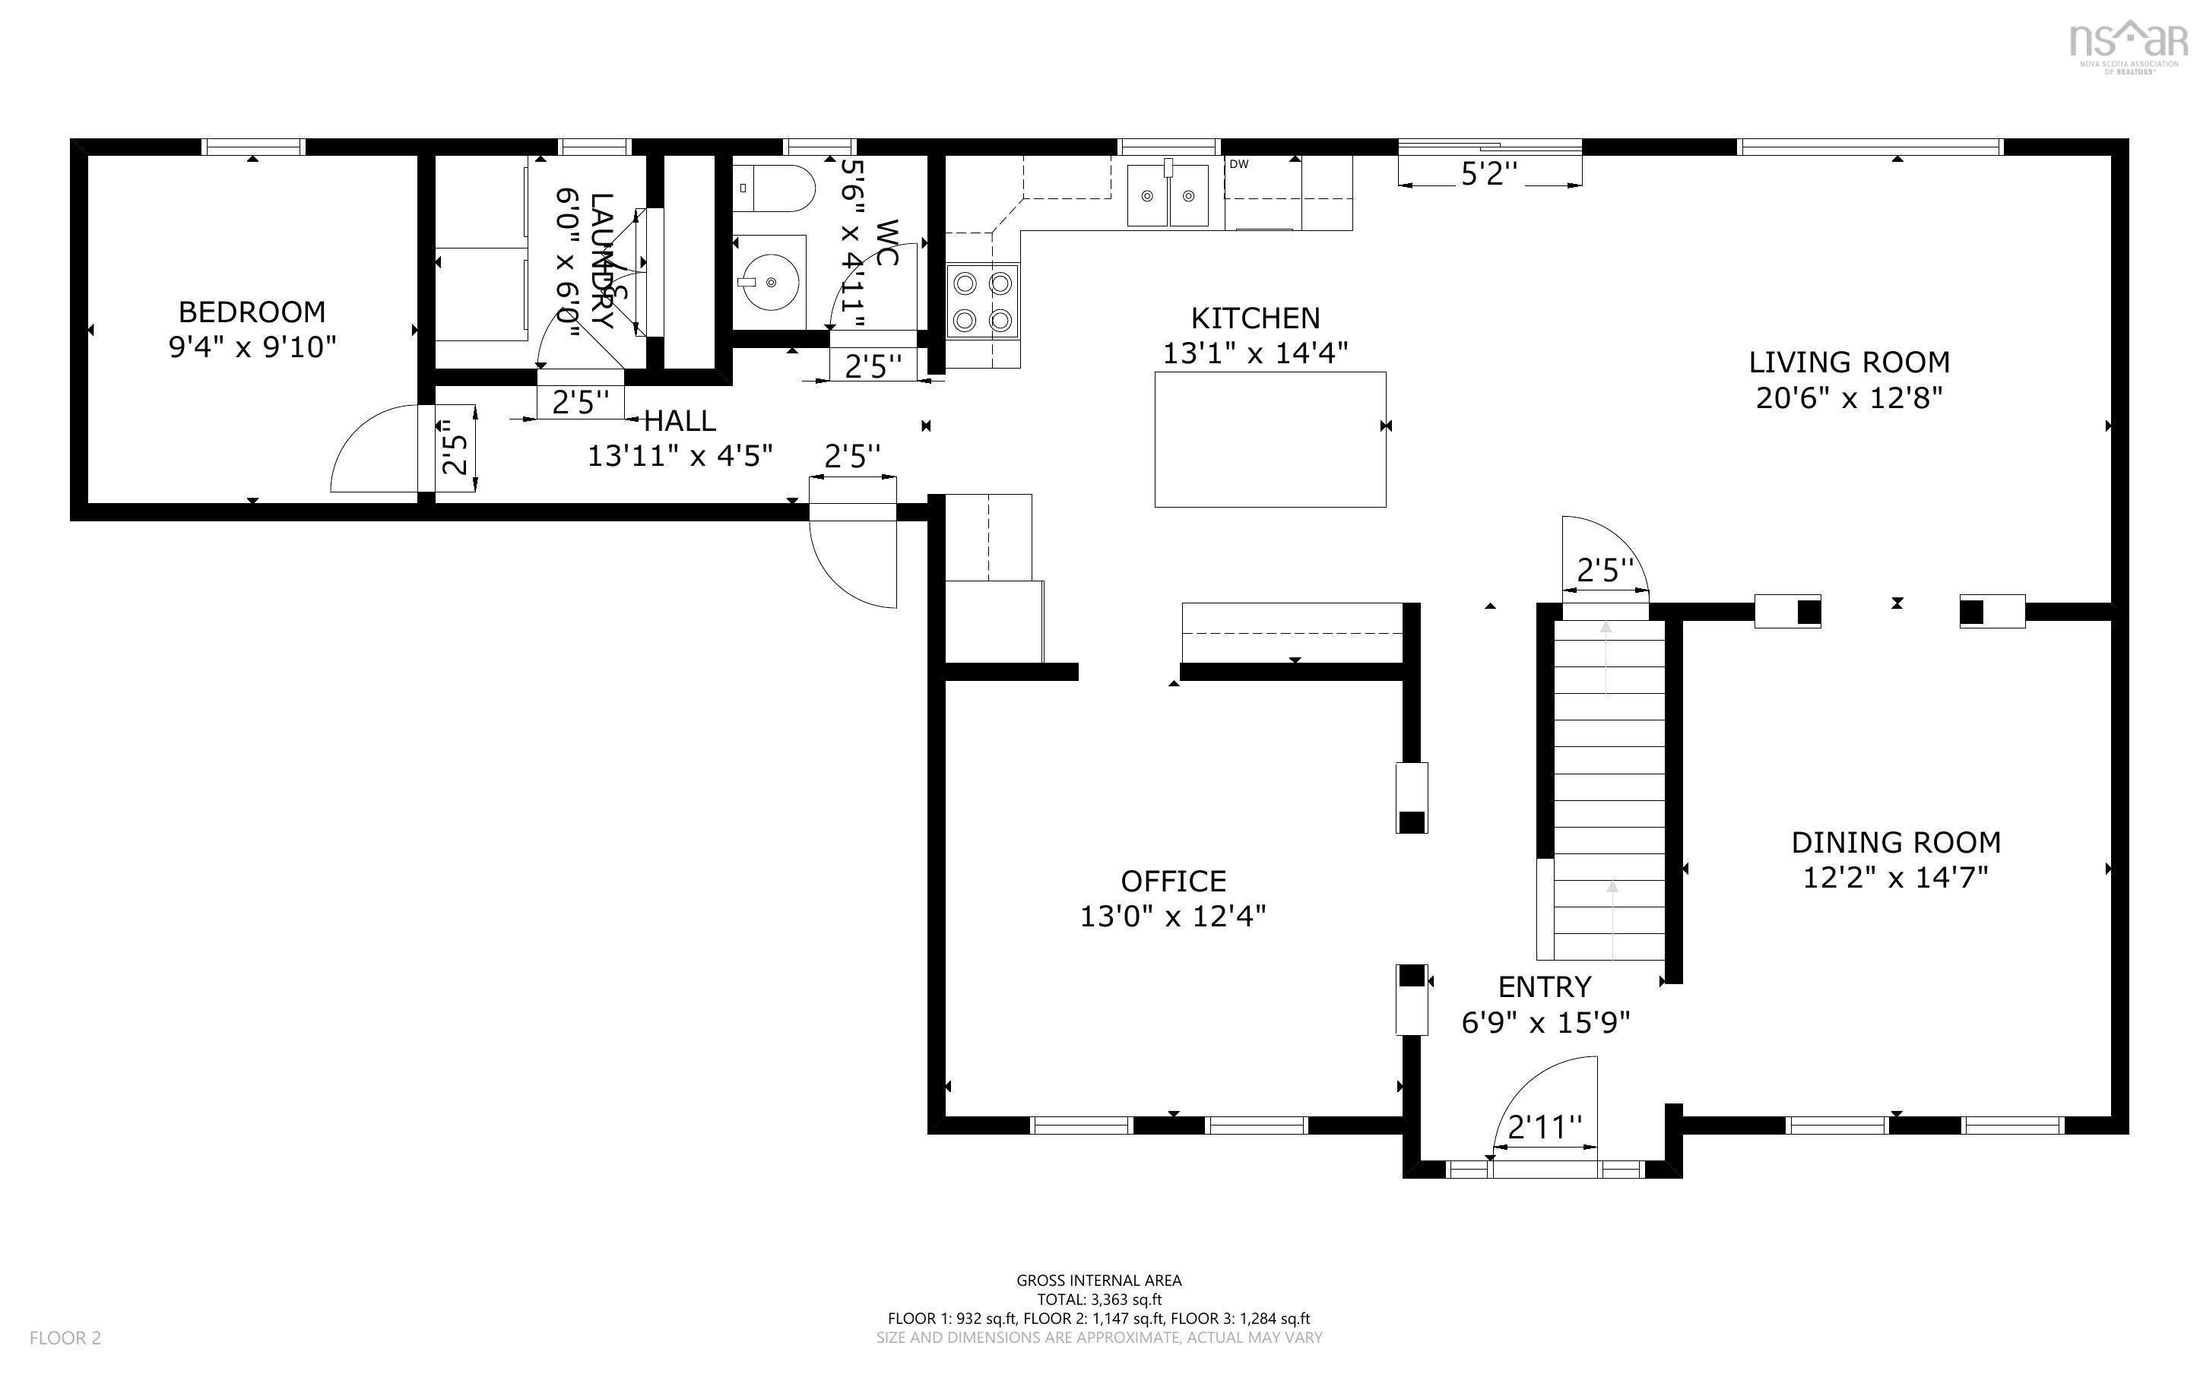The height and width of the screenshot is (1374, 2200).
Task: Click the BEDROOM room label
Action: coord(252,312)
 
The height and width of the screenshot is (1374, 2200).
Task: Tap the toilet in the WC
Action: coord(773,188)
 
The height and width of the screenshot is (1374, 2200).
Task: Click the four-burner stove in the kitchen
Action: coord(982,302)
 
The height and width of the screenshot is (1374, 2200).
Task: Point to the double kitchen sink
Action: coord(1168,195)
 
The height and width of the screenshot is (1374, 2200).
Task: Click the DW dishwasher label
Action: coord(1238,164)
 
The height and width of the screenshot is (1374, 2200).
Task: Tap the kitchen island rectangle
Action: coord(1270,439)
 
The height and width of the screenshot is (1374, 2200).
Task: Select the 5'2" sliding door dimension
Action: coord(1488,175)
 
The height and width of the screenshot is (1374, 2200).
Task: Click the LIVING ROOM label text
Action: coord(1848,362)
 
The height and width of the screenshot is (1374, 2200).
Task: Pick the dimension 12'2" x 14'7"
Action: coord(1896,878)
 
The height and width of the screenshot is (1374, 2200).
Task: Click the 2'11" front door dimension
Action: coord(1545,1128)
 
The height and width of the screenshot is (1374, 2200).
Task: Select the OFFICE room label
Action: coord(1173,881)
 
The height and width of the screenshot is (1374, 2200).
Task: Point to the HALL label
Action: coord(680,421)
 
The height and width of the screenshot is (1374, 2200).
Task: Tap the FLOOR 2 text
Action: coord(65,1338)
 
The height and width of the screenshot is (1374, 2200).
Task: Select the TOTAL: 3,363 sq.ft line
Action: coord(1098,1300)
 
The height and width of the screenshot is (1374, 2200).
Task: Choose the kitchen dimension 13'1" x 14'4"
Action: coord(1255,353)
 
